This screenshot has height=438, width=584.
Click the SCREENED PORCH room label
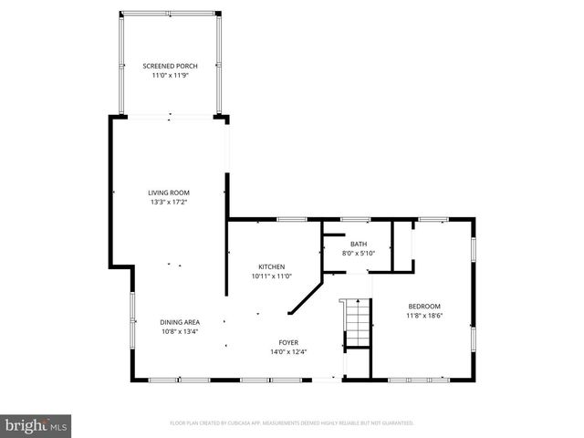pyautogui.click(x=169, y=66)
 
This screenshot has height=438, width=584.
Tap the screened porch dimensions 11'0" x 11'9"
pyautogui.click(x=169, y=75)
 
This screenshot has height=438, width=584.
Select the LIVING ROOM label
pyautogui.click(x=169, y=192)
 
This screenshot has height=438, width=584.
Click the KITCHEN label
pyautogui.click(x=271, y=266)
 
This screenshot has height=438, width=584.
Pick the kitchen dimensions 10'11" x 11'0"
pyautogui.click(x=271, y=276)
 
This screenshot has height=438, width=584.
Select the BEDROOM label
pyautogui.click(x=424, y=306)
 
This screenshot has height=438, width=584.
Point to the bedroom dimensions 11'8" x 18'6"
pyautogui.click(x=424, y=315)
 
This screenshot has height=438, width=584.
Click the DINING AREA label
pyautogui.click(x=180, y=321)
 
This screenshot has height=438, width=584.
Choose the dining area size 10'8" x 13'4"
pyautogui.click(x=180, y=330)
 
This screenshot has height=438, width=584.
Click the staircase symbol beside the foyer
pyautogui.click(x=356, y=324)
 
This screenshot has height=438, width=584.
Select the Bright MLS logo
pyautogui.click(x=36, y=425)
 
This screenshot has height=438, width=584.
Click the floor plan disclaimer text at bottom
pyautogui.click(x=292, y=422)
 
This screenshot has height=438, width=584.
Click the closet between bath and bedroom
pyautogui.click(x=401, y=246)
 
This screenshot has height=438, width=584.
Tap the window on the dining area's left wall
pyautogui.click(x=131, y=315)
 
